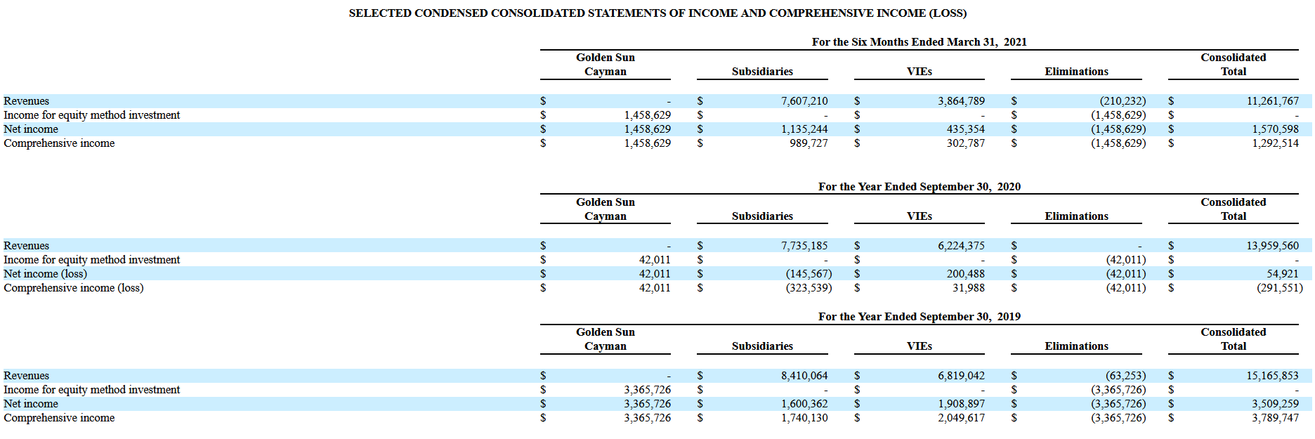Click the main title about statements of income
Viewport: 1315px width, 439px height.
tap(657, 13)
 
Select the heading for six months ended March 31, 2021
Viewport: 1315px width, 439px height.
tap(919, 42)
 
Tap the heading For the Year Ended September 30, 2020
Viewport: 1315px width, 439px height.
tap(919, 187)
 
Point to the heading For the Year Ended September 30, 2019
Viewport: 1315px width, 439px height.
tap(919, 317)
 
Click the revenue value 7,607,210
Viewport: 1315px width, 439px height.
tap(804, 101)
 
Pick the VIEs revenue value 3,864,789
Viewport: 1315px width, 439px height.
tap(961, 101)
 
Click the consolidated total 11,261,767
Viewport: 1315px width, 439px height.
tap(1272, 101)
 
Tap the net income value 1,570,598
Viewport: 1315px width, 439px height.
tap(1275, 129)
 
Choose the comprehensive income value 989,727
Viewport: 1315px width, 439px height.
tap(809, 143)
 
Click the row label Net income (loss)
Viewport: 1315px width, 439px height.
tap(45, 274)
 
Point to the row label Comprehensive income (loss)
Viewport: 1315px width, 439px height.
tap(73, 288)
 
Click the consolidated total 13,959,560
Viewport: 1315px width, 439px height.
tap(1272, 246)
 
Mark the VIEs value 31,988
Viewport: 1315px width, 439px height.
tap(968, 288)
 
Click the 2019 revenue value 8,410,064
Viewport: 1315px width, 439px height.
tap(804, 376)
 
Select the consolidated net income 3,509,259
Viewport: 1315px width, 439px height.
tap(1275, 404)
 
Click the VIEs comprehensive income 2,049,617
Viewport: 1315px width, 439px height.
tap(961, 418)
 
